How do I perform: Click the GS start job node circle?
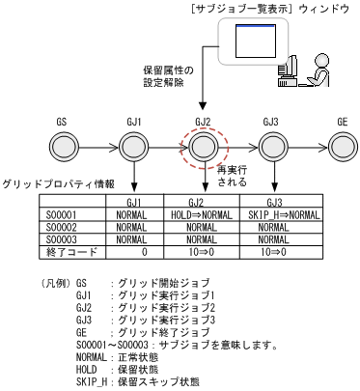point(64,147)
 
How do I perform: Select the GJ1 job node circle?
point(133,147)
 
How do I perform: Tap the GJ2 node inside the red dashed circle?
point(203,147)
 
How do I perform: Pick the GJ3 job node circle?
point(271,147)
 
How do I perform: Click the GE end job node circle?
point(341,147)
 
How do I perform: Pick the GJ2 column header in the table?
point(203,201)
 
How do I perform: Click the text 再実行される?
point(235,173)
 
